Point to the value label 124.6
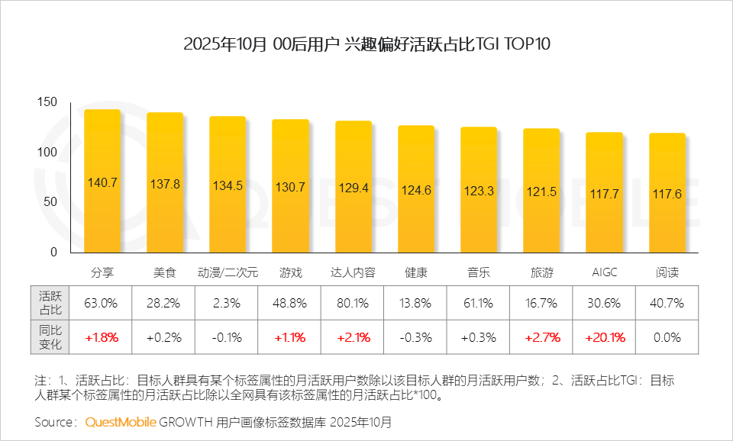pos(416,191)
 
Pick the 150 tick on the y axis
pos(47,102)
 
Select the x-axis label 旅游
pos(541,272)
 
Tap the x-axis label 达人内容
pos(353,272)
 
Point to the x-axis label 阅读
pos(667,272)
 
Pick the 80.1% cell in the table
pos(353,303)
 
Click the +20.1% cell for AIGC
pos(604,336)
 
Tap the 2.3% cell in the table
pos(228,303)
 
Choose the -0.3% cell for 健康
pos(416,336)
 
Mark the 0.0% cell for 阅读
pos(667,336)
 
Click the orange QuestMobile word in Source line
pos(121,421)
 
